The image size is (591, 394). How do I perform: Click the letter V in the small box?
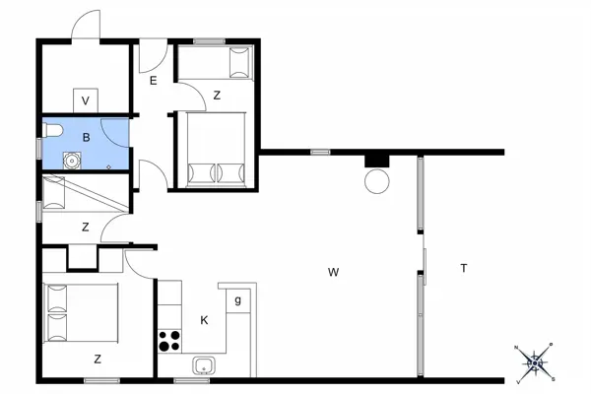pos(86,100)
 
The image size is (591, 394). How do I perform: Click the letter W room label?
pos(334,271)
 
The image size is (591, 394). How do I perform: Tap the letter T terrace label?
pos(463,269)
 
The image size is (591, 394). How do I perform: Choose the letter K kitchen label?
pos(204,320)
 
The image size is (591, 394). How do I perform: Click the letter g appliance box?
pos(237,299)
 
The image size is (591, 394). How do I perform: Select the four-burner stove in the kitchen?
pos(169,342)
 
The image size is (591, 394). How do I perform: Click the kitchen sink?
pos(204,366)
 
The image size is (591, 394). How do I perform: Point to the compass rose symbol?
pos(536,361)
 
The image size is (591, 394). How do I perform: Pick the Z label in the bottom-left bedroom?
pos(98,360)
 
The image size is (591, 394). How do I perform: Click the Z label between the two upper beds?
pos(216,96)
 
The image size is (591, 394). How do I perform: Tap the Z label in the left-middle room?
pos(86,228)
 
